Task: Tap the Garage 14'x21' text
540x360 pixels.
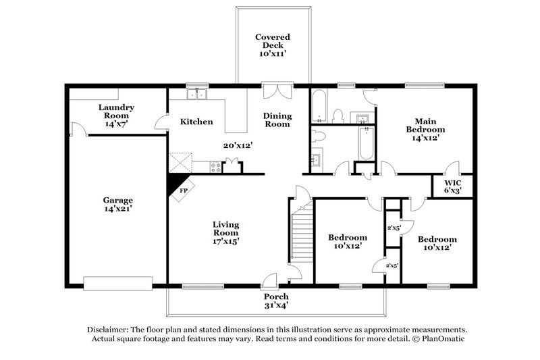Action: pos(117,205)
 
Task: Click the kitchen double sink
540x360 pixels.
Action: pos(197,95)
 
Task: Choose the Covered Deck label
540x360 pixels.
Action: pos(273,42)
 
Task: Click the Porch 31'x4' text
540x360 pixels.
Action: pos(276,301)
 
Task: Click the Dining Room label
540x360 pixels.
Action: pos(277,120)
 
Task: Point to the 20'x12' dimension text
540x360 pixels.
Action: pos(238,145)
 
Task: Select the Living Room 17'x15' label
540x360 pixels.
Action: pos(226,232)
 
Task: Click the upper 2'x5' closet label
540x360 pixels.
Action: pos(392,227)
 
